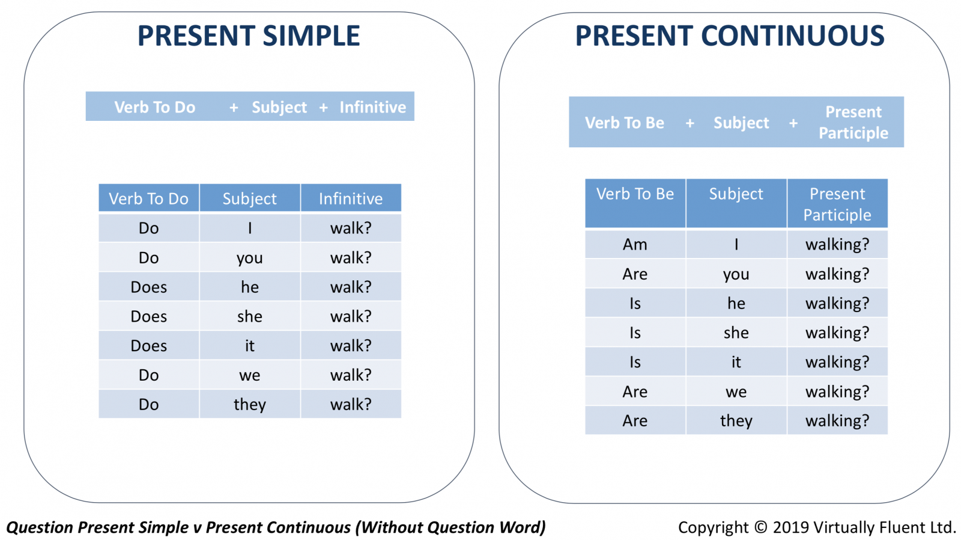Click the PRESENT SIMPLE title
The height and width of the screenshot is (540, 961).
click(x=249, y=35)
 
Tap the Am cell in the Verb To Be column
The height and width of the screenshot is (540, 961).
click(x=635, y=244)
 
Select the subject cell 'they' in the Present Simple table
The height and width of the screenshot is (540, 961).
click(x=250, y=404)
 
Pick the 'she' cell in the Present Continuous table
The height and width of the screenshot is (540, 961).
click(x=736, y=333)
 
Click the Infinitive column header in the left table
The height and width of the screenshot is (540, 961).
click(x=351, y=198)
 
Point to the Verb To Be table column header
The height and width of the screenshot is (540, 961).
click(x=635, y=203)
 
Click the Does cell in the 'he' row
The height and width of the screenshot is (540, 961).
click(x=148, y=287)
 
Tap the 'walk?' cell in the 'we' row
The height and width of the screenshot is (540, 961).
click(x=351, y=375)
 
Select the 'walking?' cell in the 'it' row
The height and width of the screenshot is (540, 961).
click(x=837, y=362)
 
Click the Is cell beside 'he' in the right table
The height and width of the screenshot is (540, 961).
click(x=635, y=303)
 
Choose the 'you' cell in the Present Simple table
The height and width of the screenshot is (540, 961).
click(x=250, y=257)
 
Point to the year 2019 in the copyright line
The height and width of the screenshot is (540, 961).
click(x=791, y=527)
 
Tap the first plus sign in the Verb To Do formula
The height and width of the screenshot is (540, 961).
click(x=234, y=108)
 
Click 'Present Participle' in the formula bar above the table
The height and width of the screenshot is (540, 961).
click(x=853, y=123)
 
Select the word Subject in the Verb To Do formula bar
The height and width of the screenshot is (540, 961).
click(x=279, y=108)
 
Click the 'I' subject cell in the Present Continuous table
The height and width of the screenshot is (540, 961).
click(x=736, y=244)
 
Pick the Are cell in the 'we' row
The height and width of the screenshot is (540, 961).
click(x=635, y=391)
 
